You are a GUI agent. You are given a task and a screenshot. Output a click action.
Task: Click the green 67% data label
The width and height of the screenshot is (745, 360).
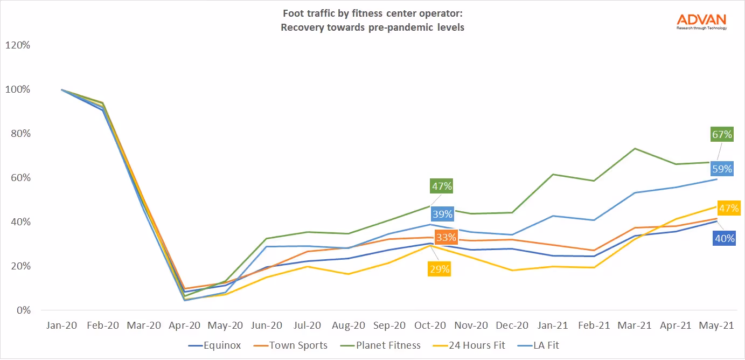click(722, 134)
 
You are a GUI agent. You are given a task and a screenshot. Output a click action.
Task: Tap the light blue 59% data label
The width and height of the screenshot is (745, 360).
click(722, 169)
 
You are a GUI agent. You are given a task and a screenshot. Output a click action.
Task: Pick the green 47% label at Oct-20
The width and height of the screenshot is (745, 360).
click(441, 186)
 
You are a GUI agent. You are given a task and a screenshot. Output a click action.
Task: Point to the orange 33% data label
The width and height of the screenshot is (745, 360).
click(447, 237)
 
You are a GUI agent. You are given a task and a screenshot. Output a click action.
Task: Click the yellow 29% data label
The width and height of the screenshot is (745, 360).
click(439, 269)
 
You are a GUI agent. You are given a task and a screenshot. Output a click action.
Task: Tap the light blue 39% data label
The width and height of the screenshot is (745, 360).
click(442, 214)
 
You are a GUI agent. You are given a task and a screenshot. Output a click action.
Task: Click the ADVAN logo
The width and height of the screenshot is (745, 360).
click(701, 21)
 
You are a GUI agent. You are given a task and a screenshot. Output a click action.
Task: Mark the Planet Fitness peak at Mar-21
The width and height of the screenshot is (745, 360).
click(635, 148)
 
